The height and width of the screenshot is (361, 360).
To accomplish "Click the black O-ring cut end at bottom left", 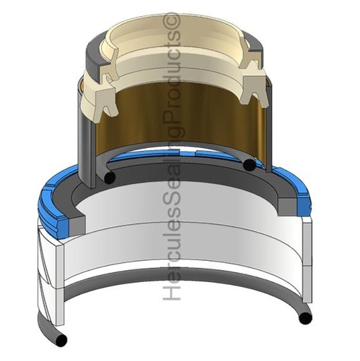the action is click(x=61, y=340).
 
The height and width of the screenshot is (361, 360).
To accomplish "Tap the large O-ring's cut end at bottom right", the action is click(x=305, y=318).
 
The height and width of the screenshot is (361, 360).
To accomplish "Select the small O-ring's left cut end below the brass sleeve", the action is click(x=109, y=177).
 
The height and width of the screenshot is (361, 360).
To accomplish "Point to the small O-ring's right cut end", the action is click(x=249, y=165).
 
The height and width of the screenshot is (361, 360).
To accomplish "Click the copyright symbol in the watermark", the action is click(x=173, y=22).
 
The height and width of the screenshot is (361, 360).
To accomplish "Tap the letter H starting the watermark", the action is click(x=172, y=291).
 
